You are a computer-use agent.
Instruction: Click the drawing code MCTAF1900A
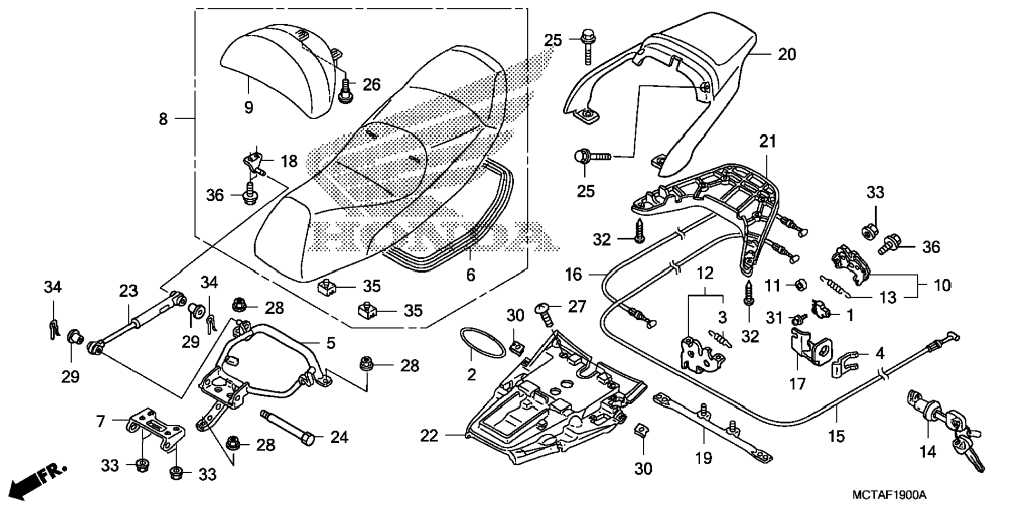tap(889, 495)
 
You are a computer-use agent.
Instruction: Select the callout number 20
tap(787, 54)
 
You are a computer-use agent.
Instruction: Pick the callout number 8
tap(163, 119)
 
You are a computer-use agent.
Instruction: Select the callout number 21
tap(767, 141)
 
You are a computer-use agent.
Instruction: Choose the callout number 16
tap(573, 274)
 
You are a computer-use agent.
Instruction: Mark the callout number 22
tap(429, 436)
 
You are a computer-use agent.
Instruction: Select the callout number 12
tap(705, 273)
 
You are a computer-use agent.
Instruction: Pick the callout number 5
tap(330, 343)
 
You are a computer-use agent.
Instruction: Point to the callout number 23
tap(128, 291)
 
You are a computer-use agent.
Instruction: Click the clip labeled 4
tap(845, 363)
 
